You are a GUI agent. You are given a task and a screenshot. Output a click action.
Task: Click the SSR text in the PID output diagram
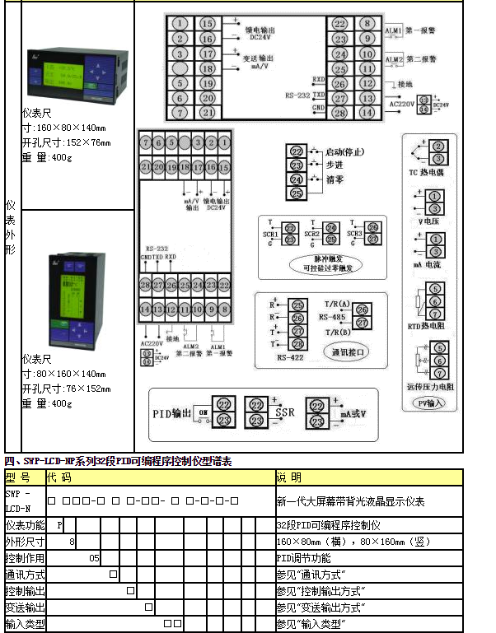coord(285,412)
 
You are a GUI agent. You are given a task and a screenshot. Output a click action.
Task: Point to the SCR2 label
coord(311,235)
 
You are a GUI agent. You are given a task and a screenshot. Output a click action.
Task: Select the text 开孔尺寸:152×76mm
coord(66,142)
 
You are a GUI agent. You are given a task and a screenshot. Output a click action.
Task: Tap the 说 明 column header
coord(288,477)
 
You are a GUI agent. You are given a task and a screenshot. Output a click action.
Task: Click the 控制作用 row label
coord(26,557)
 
